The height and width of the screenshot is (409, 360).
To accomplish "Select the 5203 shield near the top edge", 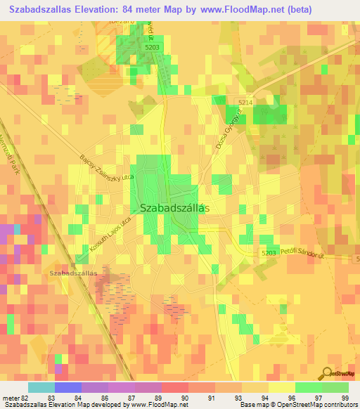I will pos(153,46).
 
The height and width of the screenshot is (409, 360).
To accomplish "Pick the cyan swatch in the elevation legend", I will pos(41,387).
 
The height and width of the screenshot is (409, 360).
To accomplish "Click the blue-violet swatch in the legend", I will pos(67,387).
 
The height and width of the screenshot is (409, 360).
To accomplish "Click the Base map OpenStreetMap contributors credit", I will pos(297,405).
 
